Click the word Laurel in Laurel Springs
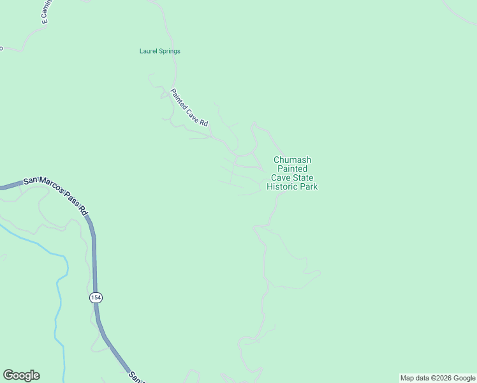tap(149, 51)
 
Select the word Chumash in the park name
tap(292, 160)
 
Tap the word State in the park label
tap(304, 178)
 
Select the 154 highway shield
tap(96, 298)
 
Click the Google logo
tap(21, 375)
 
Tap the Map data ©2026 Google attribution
tap(437, 378)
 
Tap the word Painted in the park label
tap(291, 169)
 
